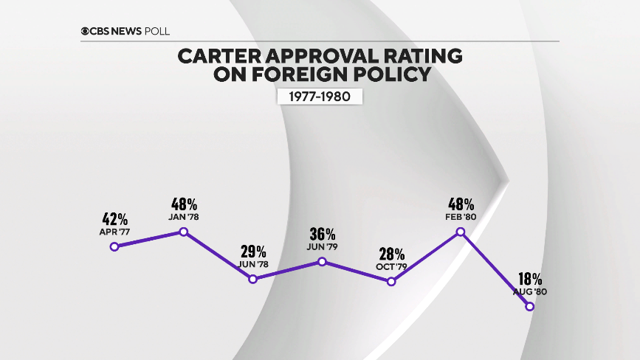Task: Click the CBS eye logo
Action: point(86,30)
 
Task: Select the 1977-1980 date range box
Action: point(320,97)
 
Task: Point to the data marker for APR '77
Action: point(114,246)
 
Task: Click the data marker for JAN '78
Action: point(184,232)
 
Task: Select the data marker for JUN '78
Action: point(253,279)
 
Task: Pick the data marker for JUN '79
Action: point(323,261)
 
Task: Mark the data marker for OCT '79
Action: point(391,281)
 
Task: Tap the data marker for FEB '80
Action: point(461,232)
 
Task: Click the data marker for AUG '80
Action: point(529,306)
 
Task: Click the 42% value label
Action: point(114,219)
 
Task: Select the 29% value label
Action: point(253,252)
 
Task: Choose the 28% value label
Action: point(391,254)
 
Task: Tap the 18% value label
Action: point(529,280)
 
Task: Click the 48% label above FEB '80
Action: point(461,204)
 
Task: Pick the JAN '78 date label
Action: point(184,217)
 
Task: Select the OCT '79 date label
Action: point(391,266)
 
